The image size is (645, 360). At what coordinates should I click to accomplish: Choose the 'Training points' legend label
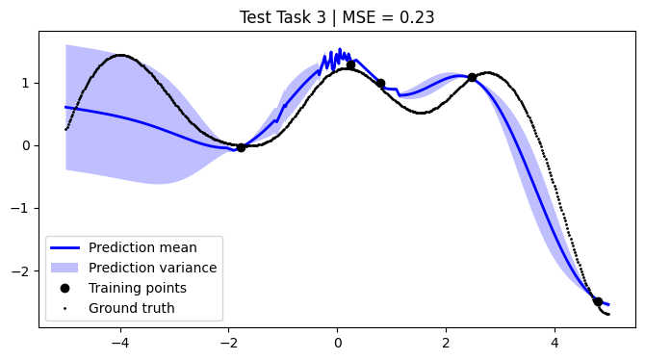pos(138,288)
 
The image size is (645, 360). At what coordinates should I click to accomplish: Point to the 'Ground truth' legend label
pos(132,308)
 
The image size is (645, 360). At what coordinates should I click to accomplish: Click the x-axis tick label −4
pos(119,341)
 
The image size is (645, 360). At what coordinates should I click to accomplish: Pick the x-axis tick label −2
pos(228,341)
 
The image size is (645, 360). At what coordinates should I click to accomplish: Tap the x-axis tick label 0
pos(337,341)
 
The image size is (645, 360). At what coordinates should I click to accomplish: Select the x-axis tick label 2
pos(446,341)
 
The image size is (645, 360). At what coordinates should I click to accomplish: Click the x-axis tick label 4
pos(555,341)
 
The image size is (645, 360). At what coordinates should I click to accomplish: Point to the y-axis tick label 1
pos(28,83)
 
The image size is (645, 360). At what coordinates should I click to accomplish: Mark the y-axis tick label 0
pos(28,145)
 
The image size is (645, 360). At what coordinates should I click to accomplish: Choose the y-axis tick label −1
pos(24,208)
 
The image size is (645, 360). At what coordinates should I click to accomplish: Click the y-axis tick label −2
pos(24,271)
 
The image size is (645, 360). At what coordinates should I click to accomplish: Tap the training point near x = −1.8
pos(241,147)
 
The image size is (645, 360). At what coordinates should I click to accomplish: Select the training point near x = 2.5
pos(472,77)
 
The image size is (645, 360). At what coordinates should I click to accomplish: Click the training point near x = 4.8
pos(598,301)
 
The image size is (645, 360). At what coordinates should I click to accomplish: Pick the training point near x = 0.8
pos(380,83)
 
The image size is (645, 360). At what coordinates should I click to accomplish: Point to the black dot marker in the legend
pos(64,288)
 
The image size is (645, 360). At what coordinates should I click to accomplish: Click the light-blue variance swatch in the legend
pos(64,268)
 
